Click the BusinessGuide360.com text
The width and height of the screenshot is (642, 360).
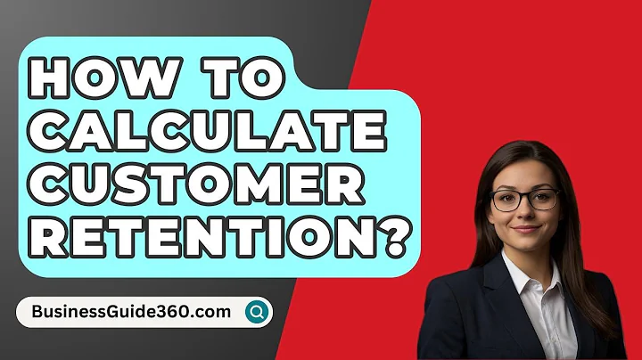click(x=129, y=312)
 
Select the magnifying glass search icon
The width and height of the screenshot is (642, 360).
click(x=258, y=312)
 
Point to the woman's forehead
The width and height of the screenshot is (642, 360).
click(x=526, y=174)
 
